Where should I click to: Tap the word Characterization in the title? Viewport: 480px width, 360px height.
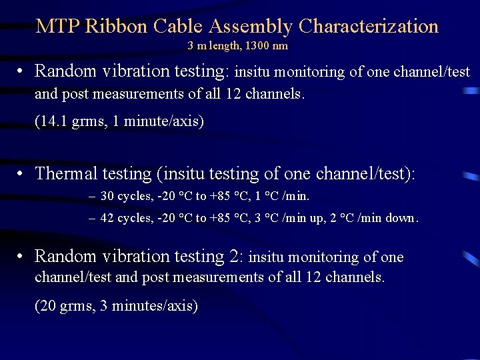(x=369, y=27)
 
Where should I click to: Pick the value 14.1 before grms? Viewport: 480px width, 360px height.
(x=55, y=121)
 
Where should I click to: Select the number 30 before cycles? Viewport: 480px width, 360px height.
(x=106, y=197)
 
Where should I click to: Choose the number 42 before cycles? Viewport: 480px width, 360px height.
(x=106, y=218)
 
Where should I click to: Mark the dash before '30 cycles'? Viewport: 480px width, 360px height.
(x=91, y=197)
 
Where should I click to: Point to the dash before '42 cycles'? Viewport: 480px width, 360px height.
(x=91, y=218)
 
